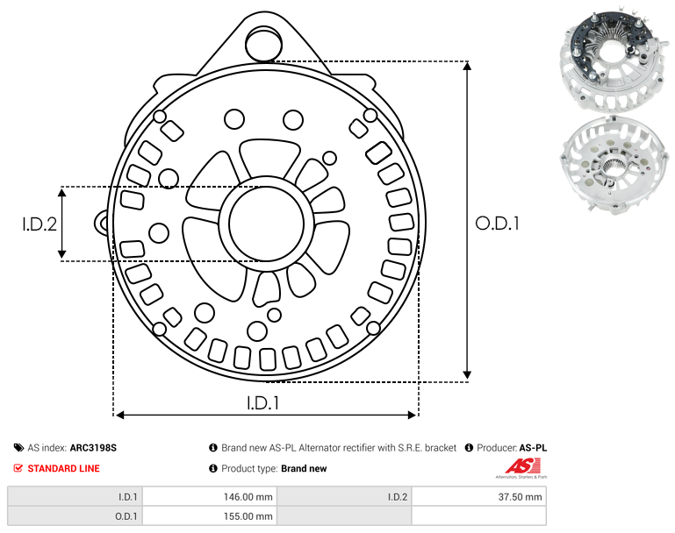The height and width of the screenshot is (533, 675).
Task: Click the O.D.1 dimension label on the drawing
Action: [x=497, y=224]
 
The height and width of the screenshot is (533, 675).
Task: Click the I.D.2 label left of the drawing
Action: [x=39, y=224]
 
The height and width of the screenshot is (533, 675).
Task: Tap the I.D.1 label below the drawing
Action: [x=262, y=402]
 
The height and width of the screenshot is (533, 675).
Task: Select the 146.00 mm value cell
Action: [x=210, y=497]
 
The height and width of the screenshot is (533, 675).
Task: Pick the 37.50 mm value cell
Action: [x=479, y=497]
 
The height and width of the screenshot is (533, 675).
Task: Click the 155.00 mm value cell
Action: [x=210, y=515]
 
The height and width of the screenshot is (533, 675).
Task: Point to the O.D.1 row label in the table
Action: [x=126, y=516]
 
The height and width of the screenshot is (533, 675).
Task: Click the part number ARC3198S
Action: [x=93, y=447]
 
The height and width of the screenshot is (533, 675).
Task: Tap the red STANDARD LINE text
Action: [x=64, y=468]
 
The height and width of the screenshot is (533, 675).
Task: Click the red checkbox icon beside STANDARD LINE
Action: [x=18, y=467]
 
